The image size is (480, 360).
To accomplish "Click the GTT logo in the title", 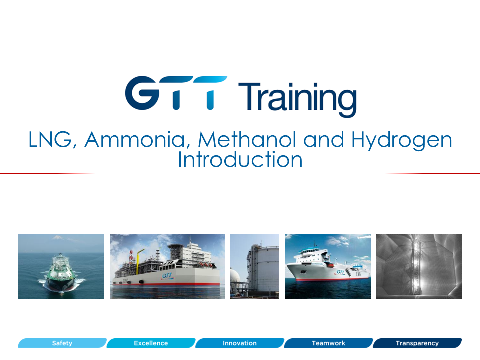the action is coord(176,93).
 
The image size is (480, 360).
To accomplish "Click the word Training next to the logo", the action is coord(297,98).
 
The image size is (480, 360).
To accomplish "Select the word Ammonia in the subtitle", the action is coord(135,140).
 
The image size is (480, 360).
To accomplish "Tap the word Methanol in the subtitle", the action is coord(247,139).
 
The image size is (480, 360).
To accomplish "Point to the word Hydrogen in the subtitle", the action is coord(401,141).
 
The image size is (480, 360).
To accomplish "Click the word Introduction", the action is coord(240,160).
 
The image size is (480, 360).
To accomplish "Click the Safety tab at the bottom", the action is coord(62,343).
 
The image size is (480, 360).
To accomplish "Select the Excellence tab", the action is coord(151,343).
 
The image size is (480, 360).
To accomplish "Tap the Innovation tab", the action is coord(240,343).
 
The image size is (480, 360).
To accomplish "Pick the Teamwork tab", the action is coord(329,343).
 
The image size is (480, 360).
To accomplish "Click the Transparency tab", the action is coord(417,343).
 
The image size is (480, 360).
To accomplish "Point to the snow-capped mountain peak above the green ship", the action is coord(57,237).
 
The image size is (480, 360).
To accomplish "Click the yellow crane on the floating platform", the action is coord(139,260).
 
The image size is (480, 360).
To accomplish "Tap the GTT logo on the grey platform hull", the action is coord(167,276).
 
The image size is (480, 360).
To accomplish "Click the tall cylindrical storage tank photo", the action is coord(254,266).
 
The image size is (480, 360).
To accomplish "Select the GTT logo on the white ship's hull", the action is coord(340,272).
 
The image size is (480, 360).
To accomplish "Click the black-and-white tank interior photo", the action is coord(419,266).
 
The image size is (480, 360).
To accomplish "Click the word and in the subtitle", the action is coord(324,140).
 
